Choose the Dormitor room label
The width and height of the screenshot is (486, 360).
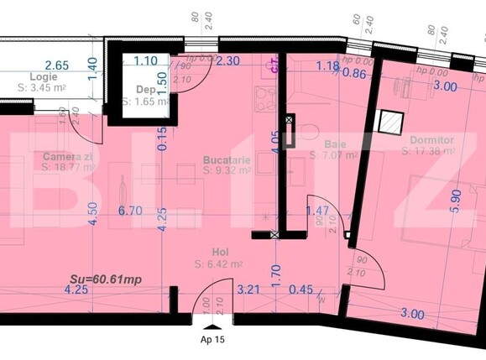tap(432, 139)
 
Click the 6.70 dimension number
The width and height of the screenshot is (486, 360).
tap(130, 211)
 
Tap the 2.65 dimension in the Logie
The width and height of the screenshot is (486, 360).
tap(57, 65)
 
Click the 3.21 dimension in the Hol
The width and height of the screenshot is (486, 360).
tap(248, 290)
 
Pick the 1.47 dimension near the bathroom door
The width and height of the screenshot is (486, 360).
tap(317, 211)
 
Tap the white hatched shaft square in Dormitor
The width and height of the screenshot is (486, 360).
tap(389, 123)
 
